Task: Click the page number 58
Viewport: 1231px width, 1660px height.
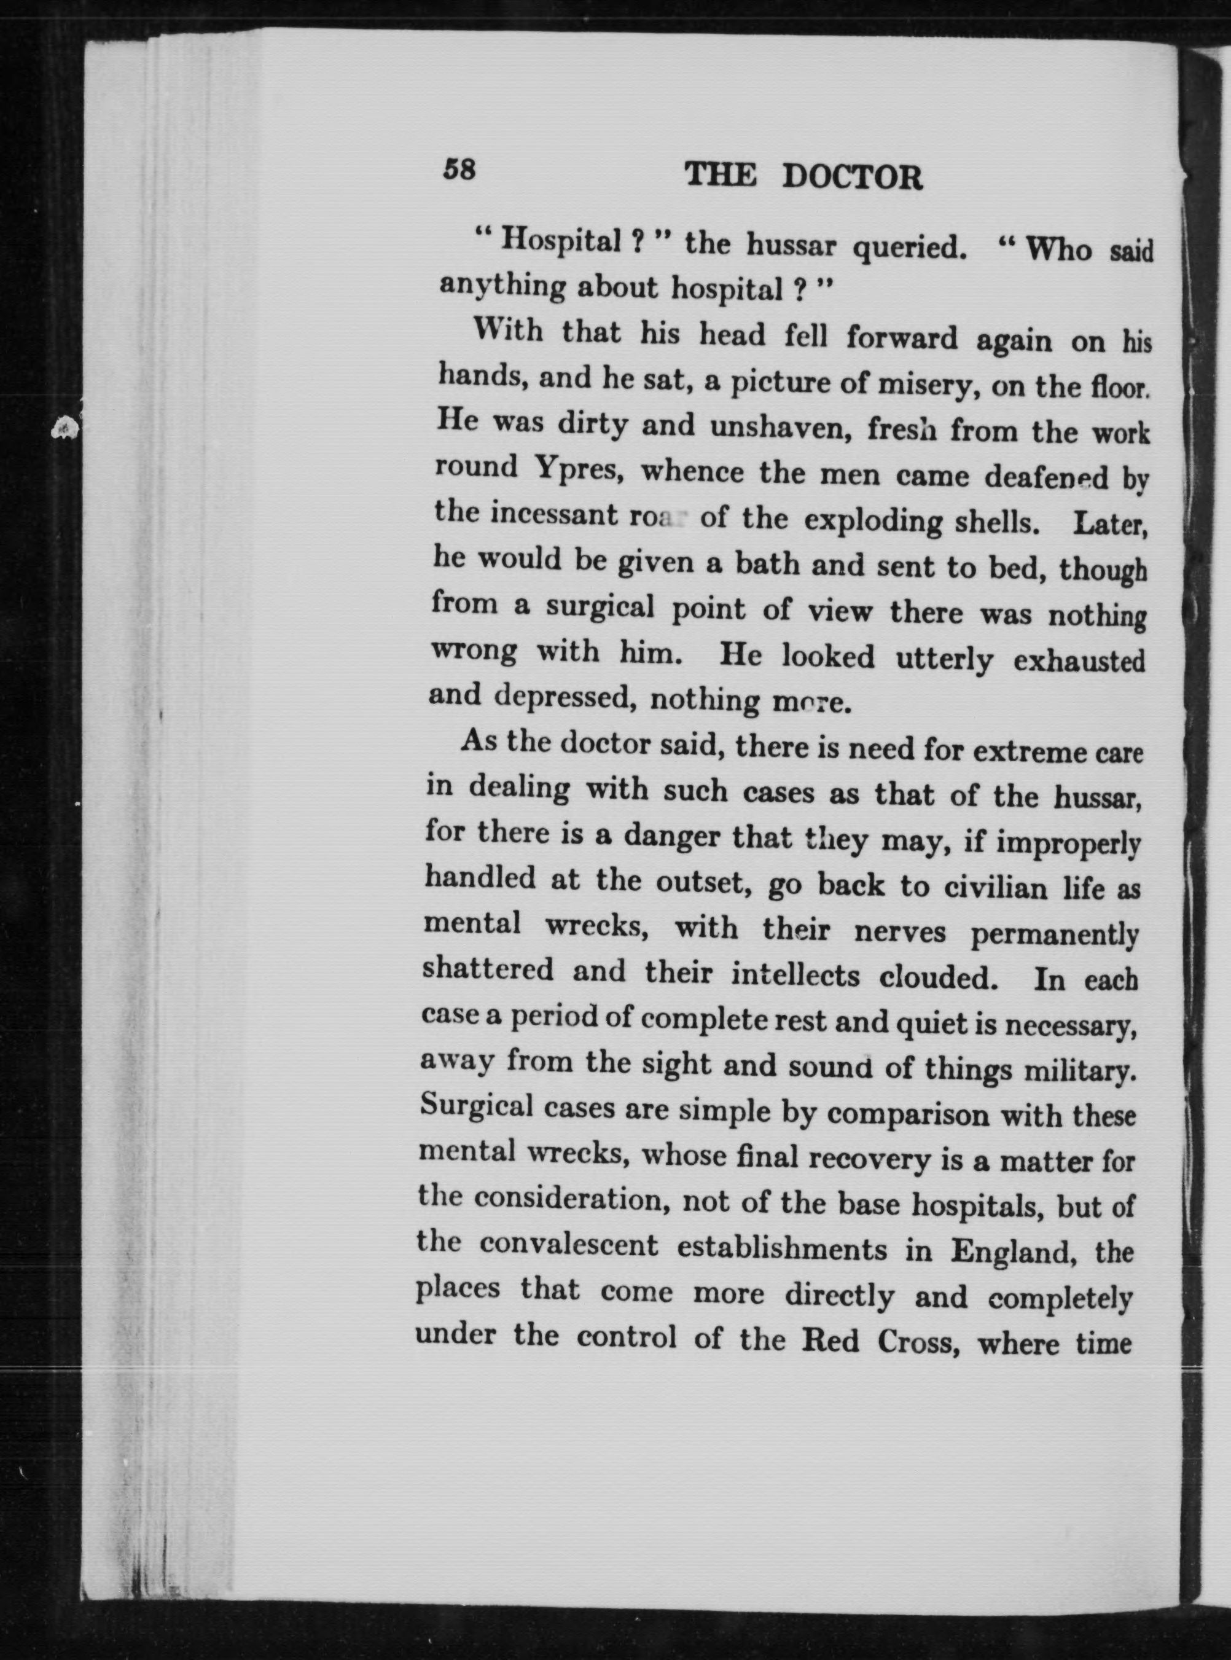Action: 458,171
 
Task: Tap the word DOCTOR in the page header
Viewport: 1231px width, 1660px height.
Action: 853,178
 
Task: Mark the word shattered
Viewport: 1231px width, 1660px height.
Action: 488,970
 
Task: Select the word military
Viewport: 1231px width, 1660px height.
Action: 1080,1071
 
